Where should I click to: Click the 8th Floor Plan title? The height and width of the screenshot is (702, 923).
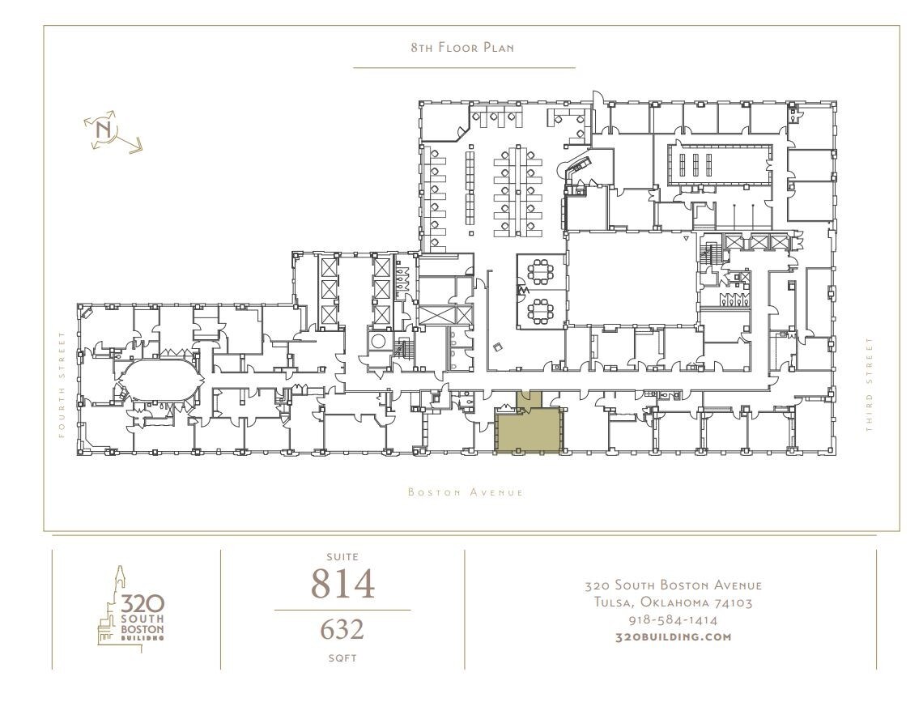coord(462,48)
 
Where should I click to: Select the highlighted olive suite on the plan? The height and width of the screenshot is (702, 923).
coord(528,429)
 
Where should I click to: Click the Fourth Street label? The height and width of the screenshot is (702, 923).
coord(61,385)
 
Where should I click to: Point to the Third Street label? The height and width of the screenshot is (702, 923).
coord(870,385)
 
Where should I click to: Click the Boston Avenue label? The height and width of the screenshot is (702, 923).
coord(465,492)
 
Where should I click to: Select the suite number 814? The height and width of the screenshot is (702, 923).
coord(342,584)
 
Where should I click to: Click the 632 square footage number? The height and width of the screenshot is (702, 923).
coord(342,629)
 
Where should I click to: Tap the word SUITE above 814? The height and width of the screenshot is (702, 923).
coord(342,557)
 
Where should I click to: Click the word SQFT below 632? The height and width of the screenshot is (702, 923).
coord(342,658)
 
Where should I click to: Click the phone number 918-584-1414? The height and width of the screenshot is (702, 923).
coord(674,620)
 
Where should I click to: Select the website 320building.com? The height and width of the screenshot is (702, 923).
coord(674,637)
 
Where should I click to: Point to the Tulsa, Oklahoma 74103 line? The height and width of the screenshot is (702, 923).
coord(674,602)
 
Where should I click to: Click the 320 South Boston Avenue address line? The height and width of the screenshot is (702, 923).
coord(674,585)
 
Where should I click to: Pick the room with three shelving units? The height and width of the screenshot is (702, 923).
coord(694,163)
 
